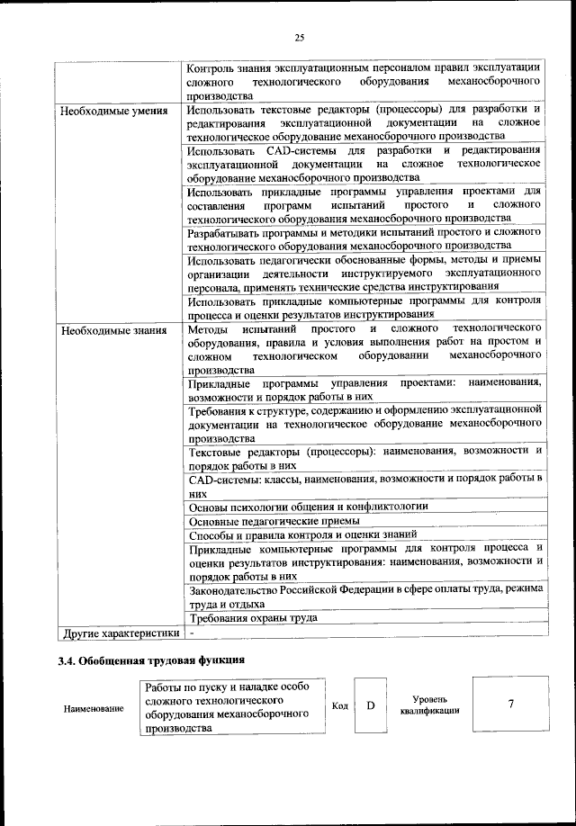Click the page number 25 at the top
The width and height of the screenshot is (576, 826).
pyautogui.click(x=300, y=37)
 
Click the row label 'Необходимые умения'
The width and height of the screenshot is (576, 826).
pyautogui.click(x=113, y=112)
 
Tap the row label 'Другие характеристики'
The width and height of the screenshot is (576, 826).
pyautogui.click(x=119, y=633)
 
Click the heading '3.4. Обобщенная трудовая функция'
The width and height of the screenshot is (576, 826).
pyautogui.click(x=145, y=662)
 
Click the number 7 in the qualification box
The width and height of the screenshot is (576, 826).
pyautogui.click(x=510, y=704)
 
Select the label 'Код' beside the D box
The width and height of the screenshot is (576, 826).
pyautogui.click(x=339, y=705)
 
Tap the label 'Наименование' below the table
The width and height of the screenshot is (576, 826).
pyautogui.click(x=94, y=709)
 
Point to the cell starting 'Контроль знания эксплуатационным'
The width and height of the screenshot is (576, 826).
pyautogui.click(x=364, y=80)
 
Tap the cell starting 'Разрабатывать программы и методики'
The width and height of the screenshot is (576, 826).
pyautogui.click(x=364, y=238)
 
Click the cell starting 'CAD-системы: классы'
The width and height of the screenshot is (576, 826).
pyautogui.click(x=364, y=484)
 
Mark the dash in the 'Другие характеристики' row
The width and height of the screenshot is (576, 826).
pyautogui.click(x=193, y=633)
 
